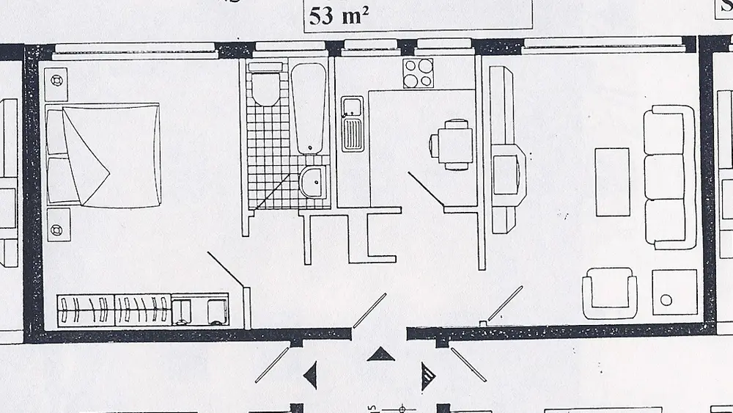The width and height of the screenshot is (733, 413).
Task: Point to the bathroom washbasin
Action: coord(314,180)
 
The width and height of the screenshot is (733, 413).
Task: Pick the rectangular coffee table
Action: coord(612,182)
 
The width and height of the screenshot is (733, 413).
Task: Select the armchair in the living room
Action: coord(609,293)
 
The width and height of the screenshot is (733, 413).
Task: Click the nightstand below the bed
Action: coord(57,224)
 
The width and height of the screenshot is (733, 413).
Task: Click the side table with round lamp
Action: coord(674,293)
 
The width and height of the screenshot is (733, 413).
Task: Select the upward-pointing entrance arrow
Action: coord(380,355)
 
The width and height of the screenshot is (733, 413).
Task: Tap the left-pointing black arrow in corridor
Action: coord(311,376)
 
